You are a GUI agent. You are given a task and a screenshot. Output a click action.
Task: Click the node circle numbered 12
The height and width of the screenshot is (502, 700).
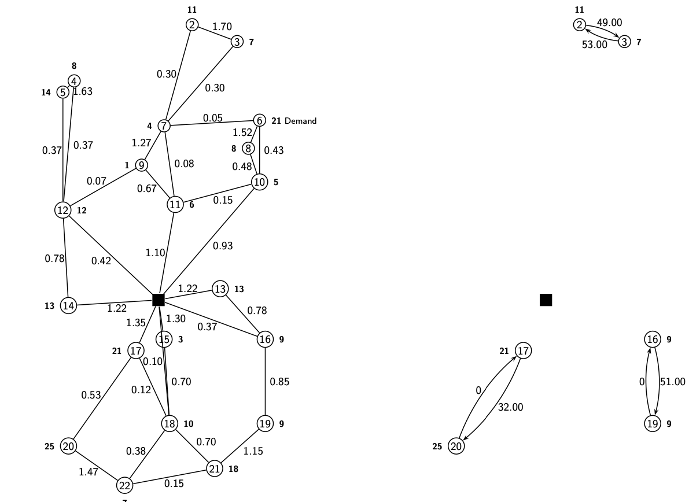tap(63, 210)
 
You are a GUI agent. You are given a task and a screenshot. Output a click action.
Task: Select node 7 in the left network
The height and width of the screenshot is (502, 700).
tap(164, 125)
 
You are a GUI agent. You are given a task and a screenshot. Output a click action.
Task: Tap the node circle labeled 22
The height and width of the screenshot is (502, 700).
tap(124, 485)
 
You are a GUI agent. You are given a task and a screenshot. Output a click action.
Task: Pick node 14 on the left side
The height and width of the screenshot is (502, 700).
tap(68, 305)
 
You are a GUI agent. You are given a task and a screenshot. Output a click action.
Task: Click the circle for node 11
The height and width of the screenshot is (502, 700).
tap(175, 204)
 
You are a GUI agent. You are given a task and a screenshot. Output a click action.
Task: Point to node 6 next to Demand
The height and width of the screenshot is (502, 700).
tap(260, 120)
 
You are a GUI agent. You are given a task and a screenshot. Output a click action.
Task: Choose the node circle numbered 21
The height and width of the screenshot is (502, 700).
tap(215, 468)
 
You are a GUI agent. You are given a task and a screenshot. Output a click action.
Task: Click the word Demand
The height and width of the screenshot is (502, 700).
tap(300, 121)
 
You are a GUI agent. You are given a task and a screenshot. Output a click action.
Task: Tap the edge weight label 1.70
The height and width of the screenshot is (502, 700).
tap(222, 27)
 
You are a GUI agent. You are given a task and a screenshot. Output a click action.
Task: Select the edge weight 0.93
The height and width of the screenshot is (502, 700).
tap(223, 246)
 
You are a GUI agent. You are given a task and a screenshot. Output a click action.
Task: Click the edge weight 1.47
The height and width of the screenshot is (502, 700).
tap(89, 472)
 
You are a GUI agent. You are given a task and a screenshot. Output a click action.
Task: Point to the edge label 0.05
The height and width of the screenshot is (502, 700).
tap(212, 118)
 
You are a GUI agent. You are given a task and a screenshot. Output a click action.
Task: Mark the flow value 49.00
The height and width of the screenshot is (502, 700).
tap(609, 23)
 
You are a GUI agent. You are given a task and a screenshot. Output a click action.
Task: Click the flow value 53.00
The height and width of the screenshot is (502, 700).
tap(595, 45)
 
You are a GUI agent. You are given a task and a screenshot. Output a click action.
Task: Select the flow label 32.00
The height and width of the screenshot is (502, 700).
tap(510, 407)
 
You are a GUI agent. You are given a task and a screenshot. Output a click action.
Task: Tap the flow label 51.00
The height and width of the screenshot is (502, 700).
tap(672, 382)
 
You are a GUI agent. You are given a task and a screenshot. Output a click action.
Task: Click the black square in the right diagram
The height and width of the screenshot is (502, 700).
tap(546, 300)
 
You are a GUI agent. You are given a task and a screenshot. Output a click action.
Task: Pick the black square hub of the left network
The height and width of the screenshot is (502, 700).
tap(159, 300)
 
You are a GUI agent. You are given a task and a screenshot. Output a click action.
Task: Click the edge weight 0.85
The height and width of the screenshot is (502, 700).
tap(279, 382)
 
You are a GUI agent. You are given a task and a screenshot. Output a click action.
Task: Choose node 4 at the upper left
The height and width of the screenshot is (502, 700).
tap(74, 81)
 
